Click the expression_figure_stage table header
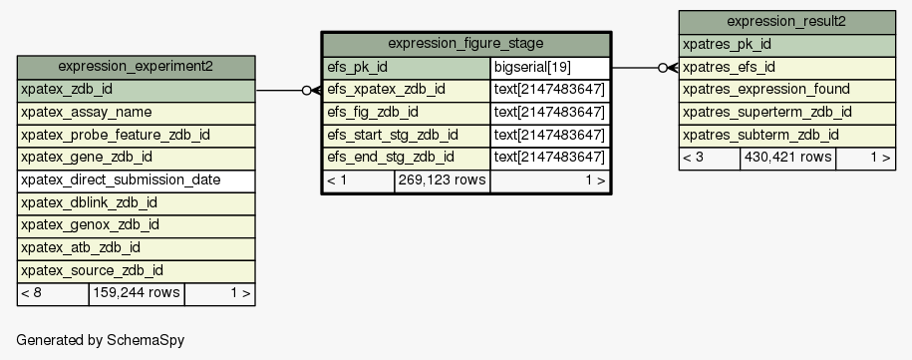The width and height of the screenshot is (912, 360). (x=465, y=44)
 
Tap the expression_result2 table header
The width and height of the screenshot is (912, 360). (x=787, y=23)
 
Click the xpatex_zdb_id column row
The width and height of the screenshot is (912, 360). (x=137, y=90)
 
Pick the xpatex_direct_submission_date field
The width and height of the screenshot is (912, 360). (x=137, y=180)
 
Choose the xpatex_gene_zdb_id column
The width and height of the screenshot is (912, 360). (x=137, y=158)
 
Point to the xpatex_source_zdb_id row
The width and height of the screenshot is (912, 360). (x=137, y=271)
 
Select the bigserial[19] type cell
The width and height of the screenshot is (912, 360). (x=549, y=68)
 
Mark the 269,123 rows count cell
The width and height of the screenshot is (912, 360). (x=442, y=180)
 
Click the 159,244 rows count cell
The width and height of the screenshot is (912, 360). (x=137, y=294)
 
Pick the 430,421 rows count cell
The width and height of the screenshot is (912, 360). (x=787, y=159)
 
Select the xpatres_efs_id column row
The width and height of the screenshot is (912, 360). (x=787, y=68)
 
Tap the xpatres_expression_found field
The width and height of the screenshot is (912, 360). (x=787, y=90)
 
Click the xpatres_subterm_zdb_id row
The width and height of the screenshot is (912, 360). (x=787, y=136)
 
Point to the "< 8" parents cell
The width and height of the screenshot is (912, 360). (x=53, y=294)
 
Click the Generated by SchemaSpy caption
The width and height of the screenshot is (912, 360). (x=100, y=340)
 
